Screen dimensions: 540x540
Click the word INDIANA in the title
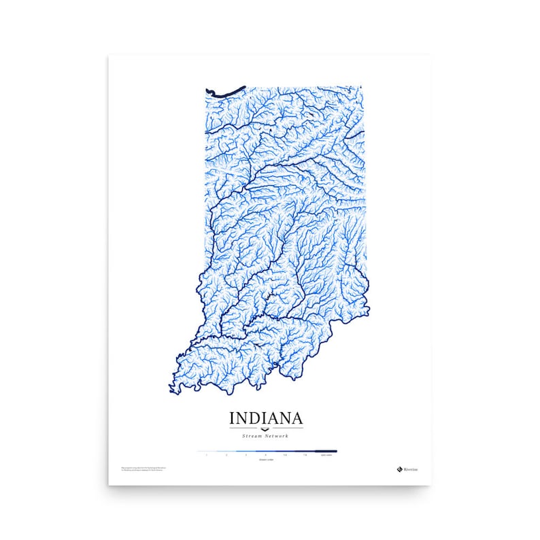pos(266,416)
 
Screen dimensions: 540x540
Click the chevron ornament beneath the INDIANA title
pos(266,427)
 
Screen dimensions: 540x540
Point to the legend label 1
pos(206,454)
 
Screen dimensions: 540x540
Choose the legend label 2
pos(226,454)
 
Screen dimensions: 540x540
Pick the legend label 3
pos(246,454)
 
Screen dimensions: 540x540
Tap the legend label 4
pos(265,454)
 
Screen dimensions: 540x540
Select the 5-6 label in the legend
pos(285,454)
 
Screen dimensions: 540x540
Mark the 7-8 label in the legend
pos(305,454)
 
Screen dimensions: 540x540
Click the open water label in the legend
pos(326,454)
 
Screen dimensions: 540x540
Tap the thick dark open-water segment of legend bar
pos(326,450)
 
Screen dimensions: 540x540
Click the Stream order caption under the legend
pos(266,460)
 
